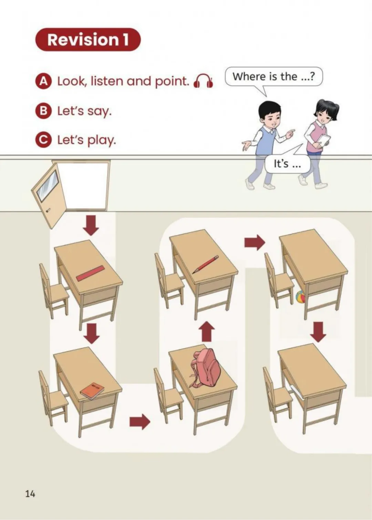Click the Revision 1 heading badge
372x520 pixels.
[88, 40]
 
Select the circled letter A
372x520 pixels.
[43, 82]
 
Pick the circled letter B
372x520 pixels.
[43, 111]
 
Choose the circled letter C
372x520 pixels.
[43, 140]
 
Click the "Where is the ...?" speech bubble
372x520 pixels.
[273, 77]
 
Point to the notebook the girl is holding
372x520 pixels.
[324, 140]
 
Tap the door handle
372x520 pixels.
[48, 210]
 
